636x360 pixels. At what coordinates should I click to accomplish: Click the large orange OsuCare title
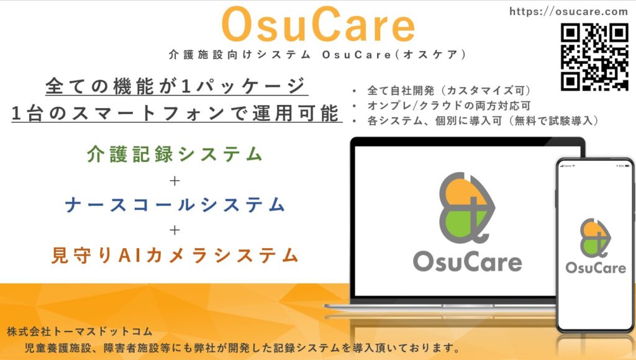click(319, 25)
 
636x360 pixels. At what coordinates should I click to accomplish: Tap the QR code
click(594, 57)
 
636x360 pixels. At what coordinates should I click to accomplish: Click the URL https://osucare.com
click(569, 11)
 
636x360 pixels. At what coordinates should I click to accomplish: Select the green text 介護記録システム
click(175, 155)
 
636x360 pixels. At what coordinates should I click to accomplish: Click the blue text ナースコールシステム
click(175, 205)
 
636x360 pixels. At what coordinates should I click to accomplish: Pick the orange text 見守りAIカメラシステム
click(175, 255)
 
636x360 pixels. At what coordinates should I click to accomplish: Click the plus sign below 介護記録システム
click(175, 181)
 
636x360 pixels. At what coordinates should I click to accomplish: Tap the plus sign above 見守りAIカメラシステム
click(175, 230)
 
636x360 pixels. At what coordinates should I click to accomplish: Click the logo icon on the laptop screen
click(467, 207)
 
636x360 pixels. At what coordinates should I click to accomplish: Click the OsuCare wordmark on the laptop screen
click(467, 262)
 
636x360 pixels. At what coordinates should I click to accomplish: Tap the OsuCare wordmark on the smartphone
click(596, 268)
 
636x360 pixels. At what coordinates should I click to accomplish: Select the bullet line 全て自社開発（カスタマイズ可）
click(448, 91)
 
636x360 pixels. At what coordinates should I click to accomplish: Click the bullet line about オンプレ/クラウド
click(448, 106)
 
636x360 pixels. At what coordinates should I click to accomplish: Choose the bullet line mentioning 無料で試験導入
click(483, 121)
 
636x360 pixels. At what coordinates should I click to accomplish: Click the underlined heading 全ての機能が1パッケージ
click(176, 86)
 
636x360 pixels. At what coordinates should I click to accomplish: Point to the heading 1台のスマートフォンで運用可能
click(176, 113)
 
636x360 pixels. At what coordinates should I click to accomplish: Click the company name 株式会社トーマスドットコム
click(79, 331)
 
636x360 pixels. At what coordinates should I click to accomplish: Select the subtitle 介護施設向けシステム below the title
click(240, 55)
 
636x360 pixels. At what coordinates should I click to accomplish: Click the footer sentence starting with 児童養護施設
click(242, 348)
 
